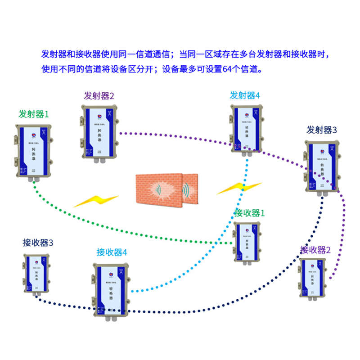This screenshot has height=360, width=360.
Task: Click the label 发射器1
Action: click(x=33, y=114)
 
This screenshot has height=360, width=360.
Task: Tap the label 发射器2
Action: click(x=99, y=96)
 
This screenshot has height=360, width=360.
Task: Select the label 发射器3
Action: click(x=322, y=130)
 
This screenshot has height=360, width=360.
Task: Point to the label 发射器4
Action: click(x=245, y=95)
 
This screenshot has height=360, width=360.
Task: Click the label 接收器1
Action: click(x=250, y=213)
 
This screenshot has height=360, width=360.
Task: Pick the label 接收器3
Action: click(x=38, y=243)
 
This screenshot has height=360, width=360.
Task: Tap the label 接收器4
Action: click(x=112, y=252)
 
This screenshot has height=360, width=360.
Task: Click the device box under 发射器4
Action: click(x=245, y=128)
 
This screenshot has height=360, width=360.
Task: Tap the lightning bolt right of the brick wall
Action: click(x=238, y=188)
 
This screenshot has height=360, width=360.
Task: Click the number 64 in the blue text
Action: click(x=228, y=70)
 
